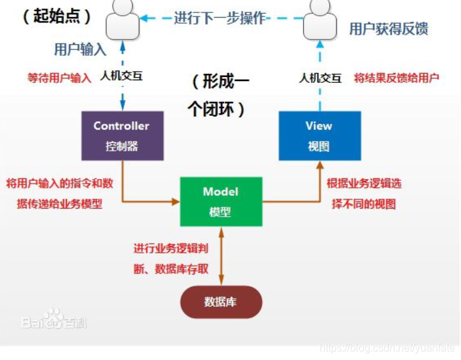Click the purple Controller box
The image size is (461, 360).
click(x=122, y=135)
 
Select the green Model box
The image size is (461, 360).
click(x=220, y=201)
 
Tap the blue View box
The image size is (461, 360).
click(x=319, y=135)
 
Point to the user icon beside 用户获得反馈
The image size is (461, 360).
click(x=319, y=20)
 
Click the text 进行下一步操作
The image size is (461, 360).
click(x=220, y=18)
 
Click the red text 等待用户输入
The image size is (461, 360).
click(x=59, y=78)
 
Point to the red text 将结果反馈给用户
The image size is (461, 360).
click(x=396, y=78)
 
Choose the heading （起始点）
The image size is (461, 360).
click(x=57, y=16)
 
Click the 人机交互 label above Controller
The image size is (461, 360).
click(x=122, y=76)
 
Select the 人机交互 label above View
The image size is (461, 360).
click(x=320, y=78)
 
